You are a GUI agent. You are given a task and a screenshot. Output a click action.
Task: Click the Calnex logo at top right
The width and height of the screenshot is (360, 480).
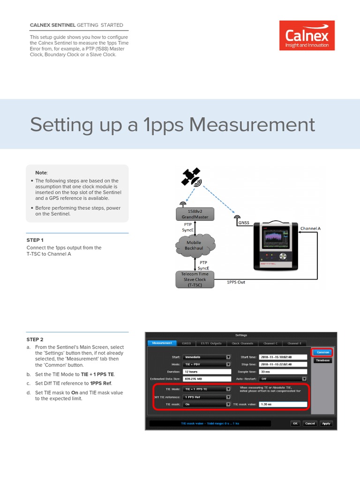(307, 36)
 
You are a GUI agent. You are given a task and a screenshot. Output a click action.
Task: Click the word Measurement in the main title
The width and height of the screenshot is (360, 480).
(253, 125)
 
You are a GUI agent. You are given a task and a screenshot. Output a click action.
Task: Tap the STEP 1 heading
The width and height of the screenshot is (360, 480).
(35, 240)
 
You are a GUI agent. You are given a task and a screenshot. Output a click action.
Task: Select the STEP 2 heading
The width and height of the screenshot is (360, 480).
(35, 339)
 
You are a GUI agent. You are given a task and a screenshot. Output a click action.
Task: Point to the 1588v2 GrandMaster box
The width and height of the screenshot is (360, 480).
(195, 214)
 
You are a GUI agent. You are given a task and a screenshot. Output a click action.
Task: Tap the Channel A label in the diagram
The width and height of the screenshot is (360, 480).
(310, 228)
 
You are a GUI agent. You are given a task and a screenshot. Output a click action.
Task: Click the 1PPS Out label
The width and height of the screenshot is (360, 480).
(236, 283)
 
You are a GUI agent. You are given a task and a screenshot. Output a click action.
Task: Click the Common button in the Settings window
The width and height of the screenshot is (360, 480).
(322, 352)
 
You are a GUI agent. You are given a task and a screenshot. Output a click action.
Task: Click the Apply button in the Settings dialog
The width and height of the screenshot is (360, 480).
(326, 423)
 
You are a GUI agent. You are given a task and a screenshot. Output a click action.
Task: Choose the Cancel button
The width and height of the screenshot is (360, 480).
(310, 423)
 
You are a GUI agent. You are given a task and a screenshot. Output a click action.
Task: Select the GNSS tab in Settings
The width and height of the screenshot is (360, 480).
(186, 343)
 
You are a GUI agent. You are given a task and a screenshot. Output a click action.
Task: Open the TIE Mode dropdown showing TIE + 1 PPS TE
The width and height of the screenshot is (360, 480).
(207, 389)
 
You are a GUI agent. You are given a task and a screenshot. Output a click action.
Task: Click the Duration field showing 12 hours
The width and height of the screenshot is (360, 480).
(207, 371)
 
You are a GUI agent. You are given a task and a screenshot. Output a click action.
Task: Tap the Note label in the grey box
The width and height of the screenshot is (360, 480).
(41, 172)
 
